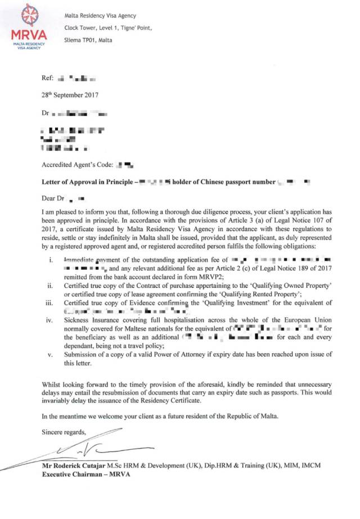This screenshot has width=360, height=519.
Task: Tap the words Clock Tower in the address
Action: [x=80, y=27]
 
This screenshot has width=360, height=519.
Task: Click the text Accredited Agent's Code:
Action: [x=77, y=165]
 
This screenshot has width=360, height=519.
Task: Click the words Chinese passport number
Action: [x=242, y=182]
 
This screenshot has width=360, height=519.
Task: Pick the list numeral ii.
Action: [x=52, y=286]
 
